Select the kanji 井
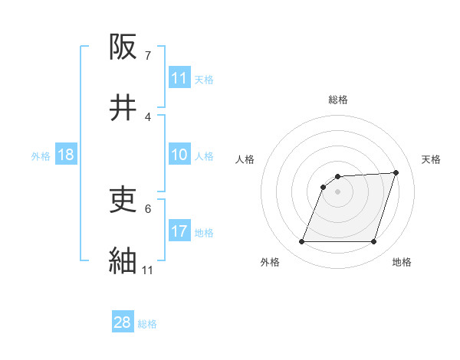[x=124, y=108]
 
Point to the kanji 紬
[x=124, y=260]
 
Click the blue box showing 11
[x=179, y=78]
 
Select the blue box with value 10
[x=179, y=155]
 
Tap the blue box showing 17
[x=179, y=231]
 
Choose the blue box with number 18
[x=66, y=155]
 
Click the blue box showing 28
[x=123, y=322]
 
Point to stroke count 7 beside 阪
[x=148, y=56]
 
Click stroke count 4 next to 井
[x=148, y=116]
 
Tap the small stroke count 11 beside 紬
[x=148, y=270]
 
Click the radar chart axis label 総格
[x=338, y=100]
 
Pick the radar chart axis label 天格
[x=431, y=159]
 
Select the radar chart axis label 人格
[x=245, y=159]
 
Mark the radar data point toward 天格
[x=396, y=172]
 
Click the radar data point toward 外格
[x=301, y=242]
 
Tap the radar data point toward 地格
[x=374, y=242]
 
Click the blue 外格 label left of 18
[x=41, y=155]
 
